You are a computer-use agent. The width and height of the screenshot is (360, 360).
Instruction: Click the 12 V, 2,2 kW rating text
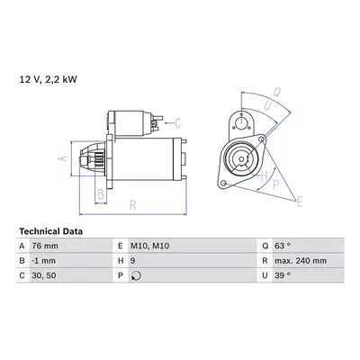point(49,79)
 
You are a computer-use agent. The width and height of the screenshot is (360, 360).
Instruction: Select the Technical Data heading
point(50,231)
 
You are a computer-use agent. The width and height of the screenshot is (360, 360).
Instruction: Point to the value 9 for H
point(133,261)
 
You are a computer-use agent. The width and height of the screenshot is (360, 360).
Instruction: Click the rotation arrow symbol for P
point(136,275)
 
